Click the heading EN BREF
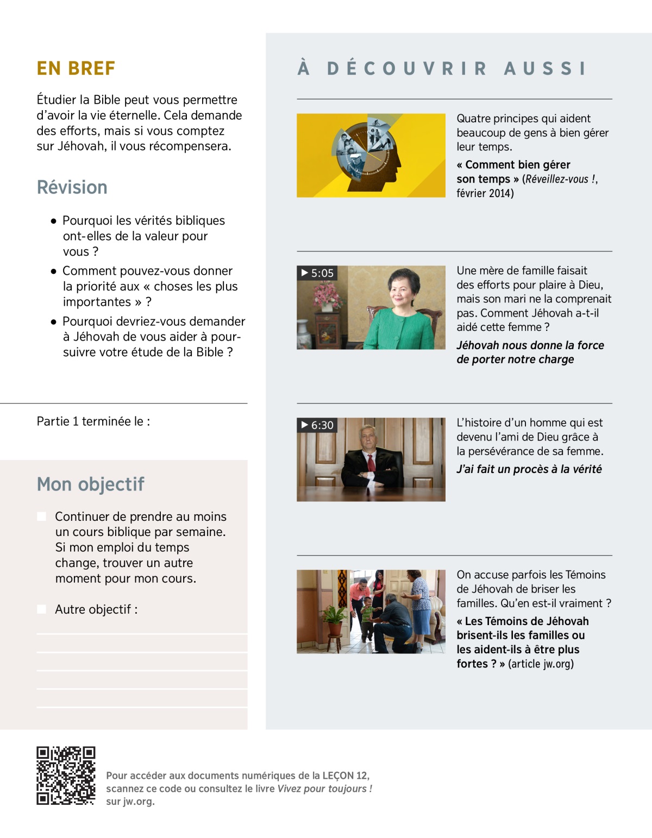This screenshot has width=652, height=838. [x=76, y=68]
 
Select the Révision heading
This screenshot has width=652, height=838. [x=72, y=187]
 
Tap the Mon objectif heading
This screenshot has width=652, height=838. [x=90, y=484]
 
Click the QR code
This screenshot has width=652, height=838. [x=66, y=776]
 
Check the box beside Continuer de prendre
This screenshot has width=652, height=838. [x=42, y=516]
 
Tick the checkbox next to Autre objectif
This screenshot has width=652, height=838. [x=42, y=609]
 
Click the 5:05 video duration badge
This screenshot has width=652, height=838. [x=317, y=273]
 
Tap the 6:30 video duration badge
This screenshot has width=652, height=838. [x=317, y=425]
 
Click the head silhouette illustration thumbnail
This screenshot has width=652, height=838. [x=371, y=155]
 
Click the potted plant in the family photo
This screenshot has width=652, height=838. [x=335, y=619]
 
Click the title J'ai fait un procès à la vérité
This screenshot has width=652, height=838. [x=529, y=469]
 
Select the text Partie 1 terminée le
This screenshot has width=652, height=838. [x=93, y=421]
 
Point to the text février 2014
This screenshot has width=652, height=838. [x=485, y=193]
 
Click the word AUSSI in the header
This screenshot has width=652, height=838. [x=545, y=68]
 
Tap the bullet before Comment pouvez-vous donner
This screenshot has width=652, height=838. [x=53, y=271]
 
